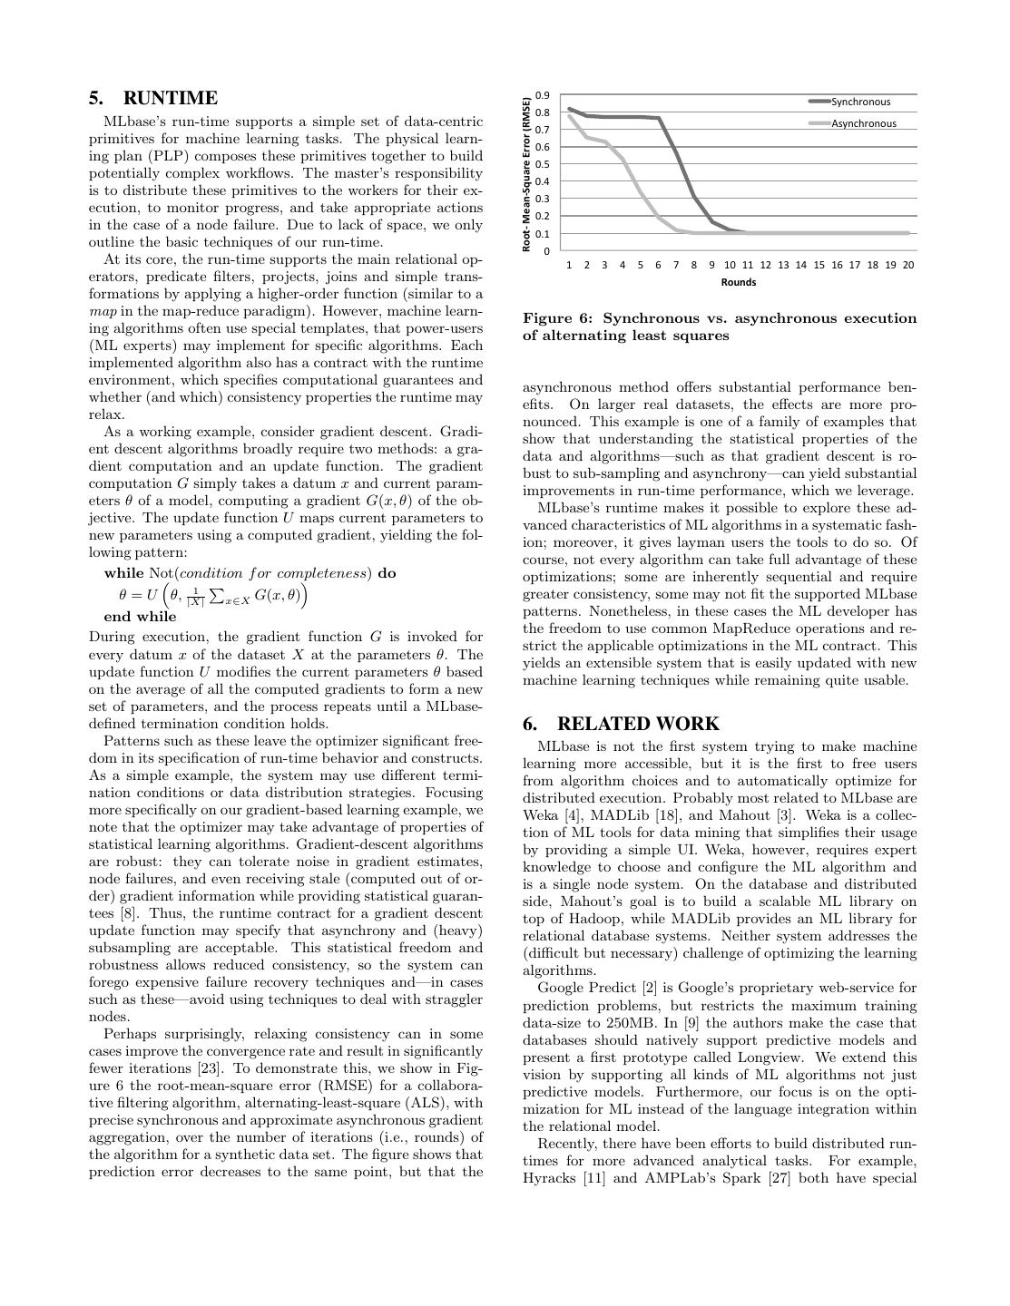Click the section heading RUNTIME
pyautogui.click(x=170, y=98)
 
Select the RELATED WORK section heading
pyautogui.click(x=638, y=724)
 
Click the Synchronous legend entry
pyautogui.click(x=860, y=102)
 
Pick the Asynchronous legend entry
pyautogui.click(x=863, y=123)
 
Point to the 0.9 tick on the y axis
pyautogui.click(x=543, y=95)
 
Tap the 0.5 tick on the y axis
pyautogui.click(x=543, y=164)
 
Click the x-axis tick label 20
pyautogui.click(x=907, y=265)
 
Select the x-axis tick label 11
pyautogui.click(x=747, y=265)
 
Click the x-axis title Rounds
pyautogui.click(x=739, y=282)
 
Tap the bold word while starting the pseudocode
pyautogui.click(x=124, y=573)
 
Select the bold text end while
pyautogui.click(x=141, y=617)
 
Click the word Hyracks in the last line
pyautogui.click(x=551, y=1178)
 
